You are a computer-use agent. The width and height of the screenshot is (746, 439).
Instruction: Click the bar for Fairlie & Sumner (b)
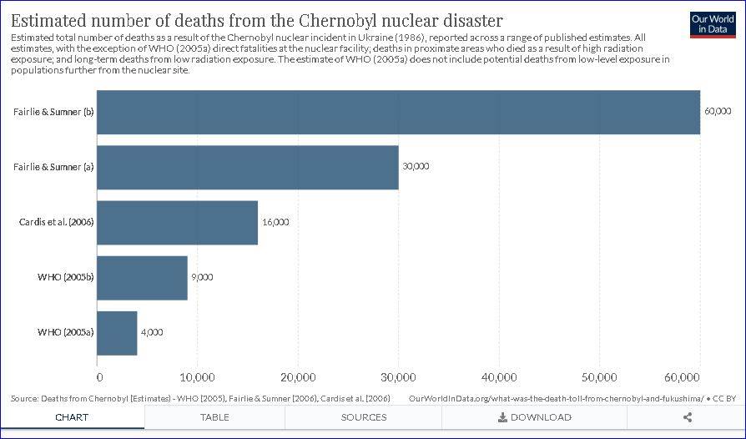(399, 112)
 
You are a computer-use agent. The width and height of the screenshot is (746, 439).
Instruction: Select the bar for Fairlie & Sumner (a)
(248, 167)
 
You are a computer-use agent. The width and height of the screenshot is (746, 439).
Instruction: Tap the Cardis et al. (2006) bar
(178, 222)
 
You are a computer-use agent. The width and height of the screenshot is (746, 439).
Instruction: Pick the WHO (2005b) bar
(143, 277)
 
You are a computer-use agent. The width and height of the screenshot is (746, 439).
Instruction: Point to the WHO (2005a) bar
(118, 332)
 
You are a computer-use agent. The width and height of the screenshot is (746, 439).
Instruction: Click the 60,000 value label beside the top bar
(718, 112)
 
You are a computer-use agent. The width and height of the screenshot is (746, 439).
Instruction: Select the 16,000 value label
(275, 222)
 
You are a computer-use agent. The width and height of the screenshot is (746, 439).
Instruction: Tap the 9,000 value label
(201, 277)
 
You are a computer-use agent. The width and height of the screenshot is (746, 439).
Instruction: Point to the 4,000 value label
(151, 332)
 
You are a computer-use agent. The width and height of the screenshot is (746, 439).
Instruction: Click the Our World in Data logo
(712, 23)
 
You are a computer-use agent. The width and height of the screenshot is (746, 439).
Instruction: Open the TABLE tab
(214, 417)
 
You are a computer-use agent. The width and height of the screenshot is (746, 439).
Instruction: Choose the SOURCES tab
(364, 417)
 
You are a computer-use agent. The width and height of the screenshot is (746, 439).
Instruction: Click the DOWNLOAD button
(534, 417)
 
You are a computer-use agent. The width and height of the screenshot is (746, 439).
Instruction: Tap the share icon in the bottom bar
(688, 417)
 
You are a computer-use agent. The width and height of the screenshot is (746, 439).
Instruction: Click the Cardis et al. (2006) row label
(56, 222)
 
